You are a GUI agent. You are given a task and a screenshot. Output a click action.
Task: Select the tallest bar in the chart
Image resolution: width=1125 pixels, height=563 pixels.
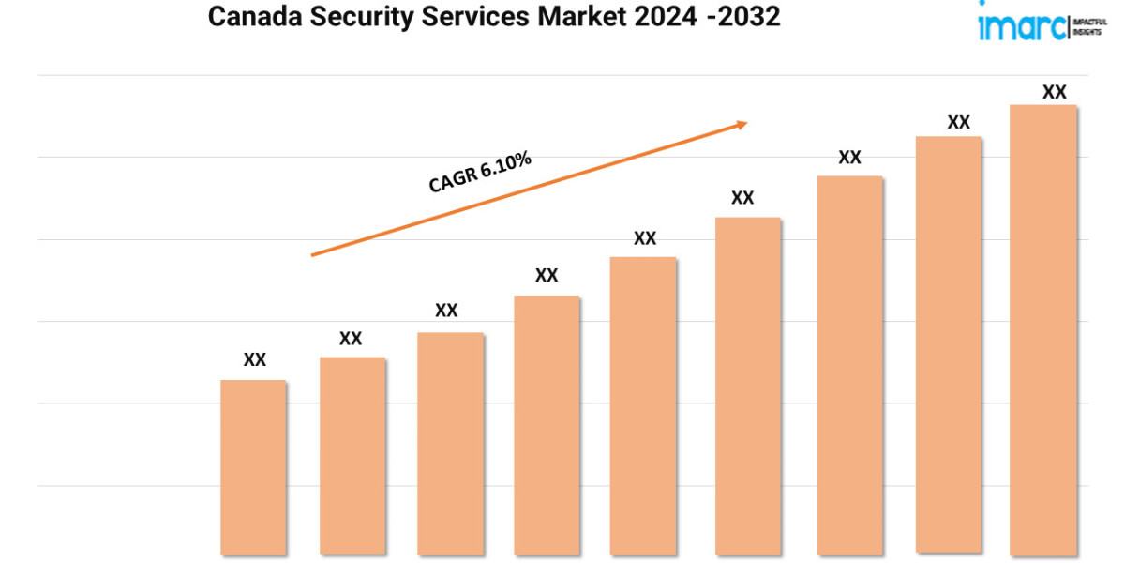1043,328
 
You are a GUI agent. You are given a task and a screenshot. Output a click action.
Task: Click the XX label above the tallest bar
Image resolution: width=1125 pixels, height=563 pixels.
1055,92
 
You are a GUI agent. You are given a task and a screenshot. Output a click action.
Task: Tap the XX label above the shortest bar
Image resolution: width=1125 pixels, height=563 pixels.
255,359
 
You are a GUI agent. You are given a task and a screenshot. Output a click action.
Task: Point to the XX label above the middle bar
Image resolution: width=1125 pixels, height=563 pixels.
645,238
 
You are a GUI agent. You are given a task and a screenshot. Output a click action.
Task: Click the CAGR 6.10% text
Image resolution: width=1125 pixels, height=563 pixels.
480,173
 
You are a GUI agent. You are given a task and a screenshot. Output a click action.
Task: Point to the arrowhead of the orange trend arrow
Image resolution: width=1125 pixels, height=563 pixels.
742,123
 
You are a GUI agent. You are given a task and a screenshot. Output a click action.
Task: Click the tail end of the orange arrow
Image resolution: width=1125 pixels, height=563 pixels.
314,254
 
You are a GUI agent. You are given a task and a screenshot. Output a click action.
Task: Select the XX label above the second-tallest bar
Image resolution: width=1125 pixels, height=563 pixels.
958,122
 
